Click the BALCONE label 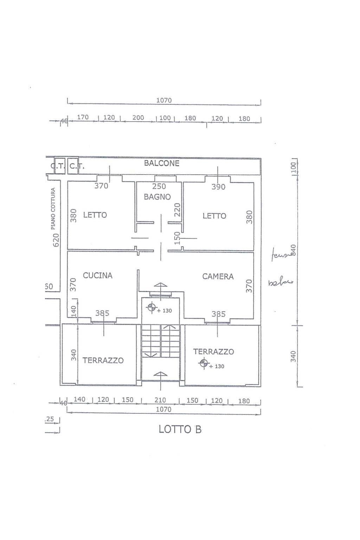(162, 163)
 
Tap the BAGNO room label (157, 197)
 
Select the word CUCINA (98, 276)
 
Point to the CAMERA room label (218, 277)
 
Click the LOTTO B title (180, 429)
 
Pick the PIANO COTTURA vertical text (53, 209)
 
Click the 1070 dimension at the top (164, 100)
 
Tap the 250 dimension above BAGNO (159, 187)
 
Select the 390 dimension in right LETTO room (218, 187)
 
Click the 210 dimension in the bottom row (160, 400)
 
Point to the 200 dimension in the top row (138, 118)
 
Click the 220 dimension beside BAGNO (178, 210)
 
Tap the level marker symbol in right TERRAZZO (203, 363)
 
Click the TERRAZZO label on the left (103, 360)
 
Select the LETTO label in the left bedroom (95, 215)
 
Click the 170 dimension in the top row (83, 117)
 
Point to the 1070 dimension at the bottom (163, 409)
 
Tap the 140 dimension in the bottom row (79, 399)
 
